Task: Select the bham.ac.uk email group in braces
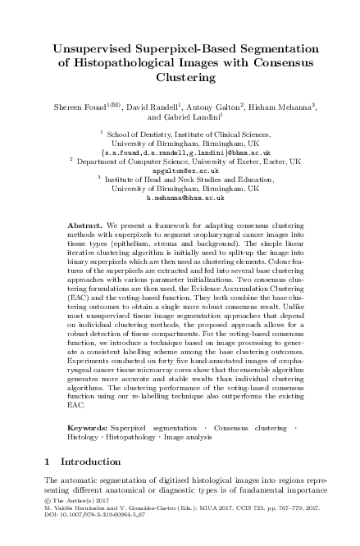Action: (x=180, y=152)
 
